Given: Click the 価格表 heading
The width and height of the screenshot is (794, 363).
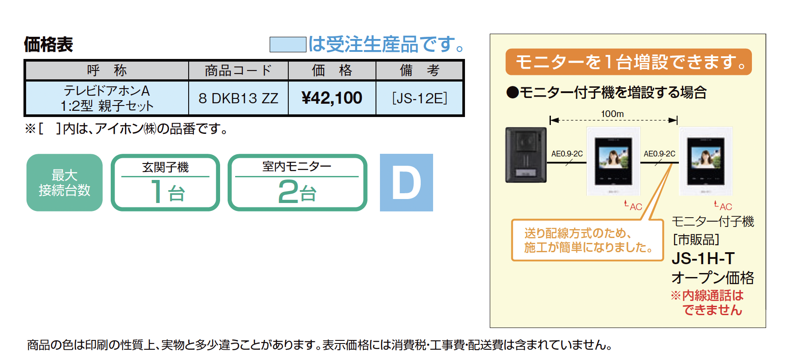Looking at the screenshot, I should pos(48,44).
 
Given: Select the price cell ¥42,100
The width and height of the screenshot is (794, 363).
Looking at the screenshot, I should pos(332,98).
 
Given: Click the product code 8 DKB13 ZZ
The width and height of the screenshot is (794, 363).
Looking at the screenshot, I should pos(238,98).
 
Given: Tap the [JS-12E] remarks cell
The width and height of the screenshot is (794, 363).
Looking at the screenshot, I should pos(419,98).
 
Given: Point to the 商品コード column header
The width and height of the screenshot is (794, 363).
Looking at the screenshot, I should pos(238,70).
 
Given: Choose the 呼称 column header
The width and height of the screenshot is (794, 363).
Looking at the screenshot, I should pos(107,70).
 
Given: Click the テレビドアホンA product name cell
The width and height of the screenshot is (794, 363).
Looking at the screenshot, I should pos(107,98).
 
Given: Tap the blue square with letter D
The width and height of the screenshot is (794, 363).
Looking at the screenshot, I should pos(406,183).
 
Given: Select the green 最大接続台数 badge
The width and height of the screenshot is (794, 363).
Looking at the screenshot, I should pos(65,183).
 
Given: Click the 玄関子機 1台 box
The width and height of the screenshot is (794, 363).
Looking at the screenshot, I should pos(165,183).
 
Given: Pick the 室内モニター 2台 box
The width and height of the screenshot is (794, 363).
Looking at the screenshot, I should pos(297,183).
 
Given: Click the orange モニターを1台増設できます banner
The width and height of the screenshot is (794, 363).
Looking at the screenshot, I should pos(628,62).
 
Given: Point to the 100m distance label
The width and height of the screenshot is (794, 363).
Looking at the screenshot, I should pos(612,114).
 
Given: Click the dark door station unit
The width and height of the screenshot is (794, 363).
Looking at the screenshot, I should pos(526,155).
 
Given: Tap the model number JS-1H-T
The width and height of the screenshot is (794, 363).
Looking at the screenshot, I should pos(703,258).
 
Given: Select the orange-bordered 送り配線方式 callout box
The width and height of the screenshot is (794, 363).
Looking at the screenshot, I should pos(587,240).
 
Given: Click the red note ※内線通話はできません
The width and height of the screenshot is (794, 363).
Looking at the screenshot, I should pos(708,303).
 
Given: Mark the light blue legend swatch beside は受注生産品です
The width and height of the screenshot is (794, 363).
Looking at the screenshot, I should pos(288,44).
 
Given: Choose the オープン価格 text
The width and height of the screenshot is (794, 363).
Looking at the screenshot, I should pos(713,278).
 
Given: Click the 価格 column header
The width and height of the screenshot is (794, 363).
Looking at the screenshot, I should pos(332,70).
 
